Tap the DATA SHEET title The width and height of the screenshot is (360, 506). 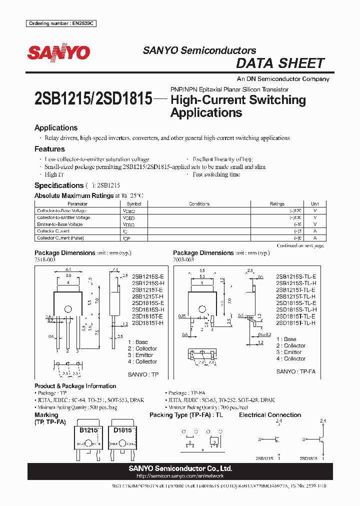[280, 63]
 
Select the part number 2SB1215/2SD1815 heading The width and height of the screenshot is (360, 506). [93, 99]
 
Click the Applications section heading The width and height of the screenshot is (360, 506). [56, 128]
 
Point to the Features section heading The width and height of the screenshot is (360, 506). [49, 149]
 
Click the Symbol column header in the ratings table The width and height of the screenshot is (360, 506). [134, 204]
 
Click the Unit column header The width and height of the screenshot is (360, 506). [315, 204]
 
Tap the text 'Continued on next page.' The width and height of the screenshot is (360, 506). [300, 245]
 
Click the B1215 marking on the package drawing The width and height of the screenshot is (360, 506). [88, 430]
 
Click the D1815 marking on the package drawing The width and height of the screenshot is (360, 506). [122, 430]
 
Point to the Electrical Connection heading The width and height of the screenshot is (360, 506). [270, 415]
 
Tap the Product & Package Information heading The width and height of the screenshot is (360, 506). [75, 386]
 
